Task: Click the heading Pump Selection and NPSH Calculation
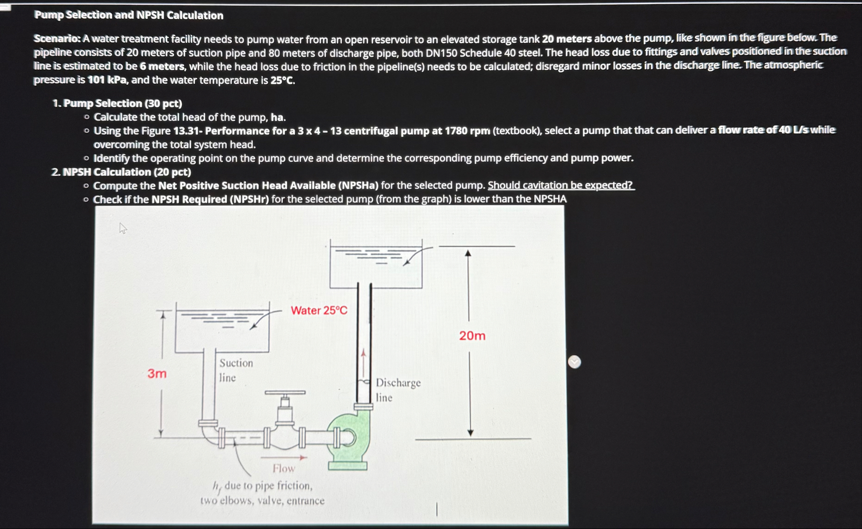click(x=128, y=15)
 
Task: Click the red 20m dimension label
click(x=472, y=336)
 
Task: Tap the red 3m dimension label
click(x=157, y=373)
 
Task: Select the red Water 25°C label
click(x=319, y=310)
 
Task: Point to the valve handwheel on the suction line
click(x=285, y=392)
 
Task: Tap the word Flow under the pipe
click(x=283, y=468)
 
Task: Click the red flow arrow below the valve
click(x=283, y=457)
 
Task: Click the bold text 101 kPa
click(x=107, y=80)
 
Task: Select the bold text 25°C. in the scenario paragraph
click(x=282, y=80)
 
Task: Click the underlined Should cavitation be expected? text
click(x=560, y=185)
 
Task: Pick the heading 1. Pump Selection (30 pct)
click(x=117, y=103)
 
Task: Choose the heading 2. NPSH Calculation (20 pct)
click(x=121, y=172)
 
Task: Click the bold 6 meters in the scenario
click(x=161, y=66)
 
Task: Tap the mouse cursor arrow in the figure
click(x=123, y=228)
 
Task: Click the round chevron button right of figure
click(x=574, y=362)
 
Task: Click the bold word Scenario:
click(x=57, y=39)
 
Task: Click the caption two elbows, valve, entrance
click(x=262, y=501)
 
